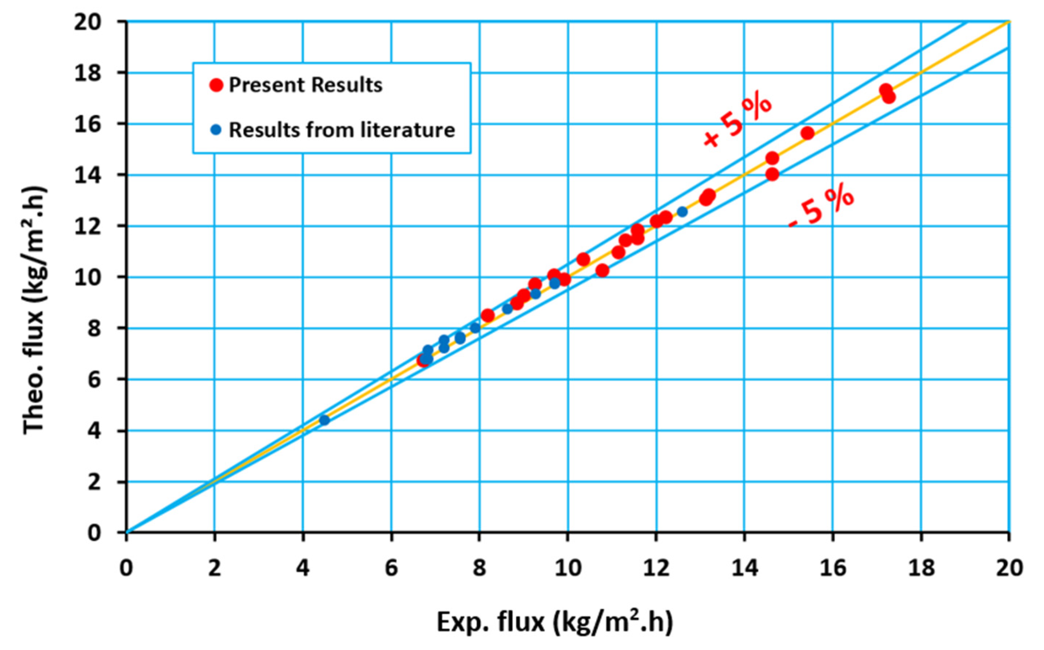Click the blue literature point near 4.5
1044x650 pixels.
click(x=324, y=420)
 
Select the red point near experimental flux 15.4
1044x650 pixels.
click(x=808, y=133)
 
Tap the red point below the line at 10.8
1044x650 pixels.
click(x=602, y=271)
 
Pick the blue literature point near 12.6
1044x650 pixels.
click(x=682, y=212)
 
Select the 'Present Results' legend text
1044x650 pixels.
click(x=305, y=85)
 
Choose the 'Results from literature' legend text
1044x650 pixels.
click(x=341, y=130)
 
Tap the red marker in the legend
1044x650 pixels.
click(x=216, y=85)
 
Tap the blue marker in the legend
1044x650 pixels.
click(x=216, y=130)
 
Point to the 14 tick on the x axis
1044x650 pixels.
click(x=744, y=568)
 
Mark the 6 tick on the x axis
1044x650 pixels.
click(x=391, y=568)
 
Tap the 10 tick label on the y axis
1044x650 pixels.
click(x=88, y=277)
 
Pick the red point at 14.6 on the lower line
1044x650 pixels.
click(x=772, y=174)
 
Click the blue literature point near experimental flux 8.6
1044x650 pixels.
click(x=508, y=309)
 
